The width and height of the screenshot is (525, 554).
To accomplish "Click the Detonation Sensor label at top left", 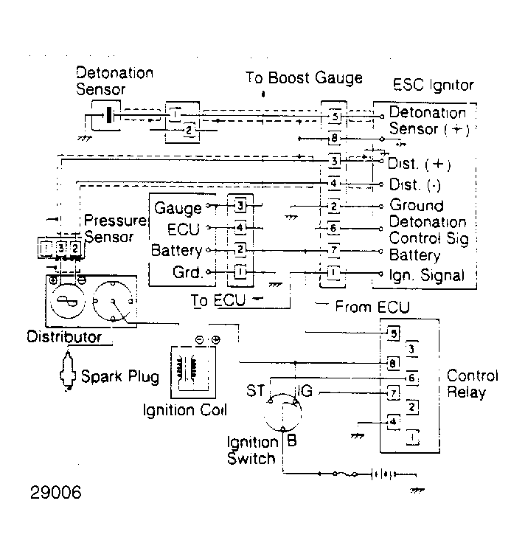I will [x=114, y=81].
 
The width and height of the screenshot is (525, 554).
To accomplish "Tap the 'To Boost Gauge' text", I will [x=304, y=78].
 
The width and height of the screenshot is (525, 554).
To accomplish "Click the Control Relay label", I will [x=472, y=384].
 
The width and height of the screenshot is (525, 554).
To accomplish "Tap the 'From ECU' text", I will [x=372, y=306].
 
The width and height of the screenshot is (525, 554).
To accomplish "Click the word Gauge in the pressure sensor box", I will [x=178, y=209].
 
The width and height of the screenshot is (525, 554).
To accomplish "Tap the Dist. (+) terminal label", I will [x=420, y=164].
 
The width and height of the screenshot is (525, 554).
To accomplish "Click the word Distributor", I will [x=63, y=337].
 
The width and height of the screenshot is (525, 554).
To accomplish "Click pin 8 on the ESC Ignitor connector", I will [x=334, y=138].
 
